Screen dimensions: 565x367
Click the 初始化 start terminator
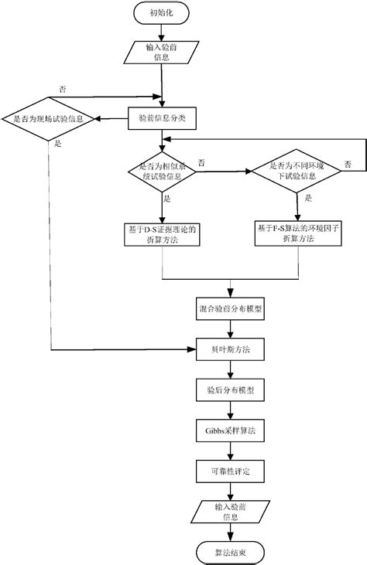pos(161,13)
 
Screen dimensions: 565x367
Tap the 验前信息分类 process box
pos(161,119)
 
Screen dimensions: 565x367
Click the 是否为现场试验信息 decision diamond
pos(50,119)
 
